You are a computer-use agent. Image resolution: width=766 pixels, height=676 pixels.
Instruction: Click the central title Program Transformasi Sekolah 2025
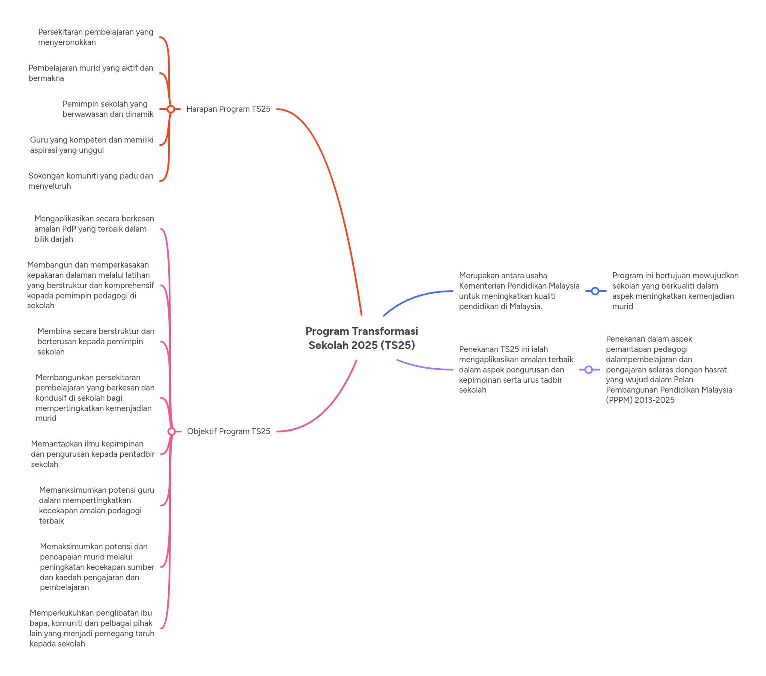362,338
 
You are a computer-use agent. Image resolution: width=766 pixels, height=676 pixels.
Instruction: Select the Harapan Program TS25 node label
228,109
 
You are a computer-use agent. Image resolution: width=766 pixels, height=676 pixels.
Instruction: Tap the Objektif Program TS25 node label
229,432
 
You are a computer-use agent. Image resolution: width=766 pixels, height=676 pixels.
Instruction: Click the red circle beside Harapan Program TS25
171,109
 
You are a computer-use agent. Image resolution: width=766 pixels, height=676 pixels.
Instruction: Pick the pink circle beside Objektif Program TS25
172,432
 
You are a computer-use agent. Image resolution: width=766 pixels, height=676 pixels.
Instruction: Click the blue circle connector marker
595,291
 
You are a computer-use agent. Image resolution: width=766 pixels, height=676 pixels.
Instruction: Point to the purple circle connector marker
589,369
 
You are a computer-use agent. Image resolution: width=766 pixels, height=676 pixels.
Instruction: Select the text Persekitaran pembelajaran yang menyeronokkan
95,37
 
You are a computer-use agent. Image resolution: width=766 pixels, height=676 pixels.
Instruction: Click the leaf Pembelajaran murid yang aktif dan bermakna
91,73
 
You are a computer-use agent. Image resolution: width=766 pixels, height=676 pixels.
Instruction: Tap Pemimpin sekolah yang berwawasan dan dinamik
108,109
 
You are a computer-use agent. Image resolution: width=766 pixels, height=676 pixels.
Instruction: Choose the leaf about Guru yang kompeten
92,145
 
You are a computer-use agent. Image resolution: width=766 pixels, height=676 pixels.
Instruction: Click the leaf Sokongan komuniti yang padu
91,181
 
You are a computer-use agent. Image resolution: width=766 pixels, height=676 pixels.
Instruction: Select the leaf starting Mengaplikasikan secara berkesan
94,229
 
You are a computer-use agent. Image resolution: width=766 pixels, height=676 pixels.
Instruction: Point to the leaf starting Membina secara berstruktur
95,342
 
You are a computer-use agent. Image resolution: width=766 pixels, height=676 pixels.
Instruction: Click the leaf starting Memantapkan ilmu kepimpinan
92,454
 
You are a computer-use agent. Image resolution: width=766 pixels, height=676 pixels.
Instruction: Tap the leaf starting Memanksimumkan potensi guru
96,506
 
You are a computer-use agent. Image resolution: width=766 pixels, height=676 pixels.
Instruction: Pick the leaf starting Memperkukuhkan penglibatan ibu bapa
92,628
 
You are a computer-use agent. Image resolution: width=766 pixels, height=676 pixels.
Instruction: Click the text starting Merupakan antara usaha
519,291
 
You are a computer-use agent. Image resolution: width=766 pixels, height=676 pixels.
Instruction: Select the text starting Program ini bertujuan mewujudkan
675,291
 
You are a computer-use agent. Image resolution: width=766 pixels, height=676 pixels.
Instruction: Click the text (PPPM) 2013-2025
640,400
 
